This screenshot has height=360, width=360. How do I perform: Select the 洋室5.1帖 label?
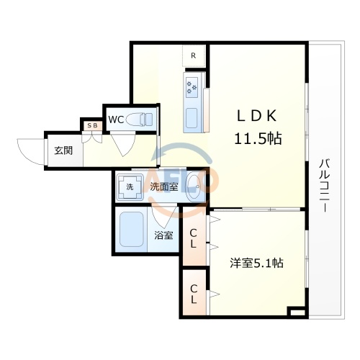[x=255, y=264]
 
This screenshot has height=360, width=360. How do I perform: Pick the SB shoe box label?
[x=93, y=126]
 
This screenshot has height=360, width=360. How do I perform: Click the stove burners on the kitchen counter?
[x=193, y=87]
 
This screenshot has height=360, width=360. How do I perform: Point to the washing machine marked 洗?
[x=130, y=186]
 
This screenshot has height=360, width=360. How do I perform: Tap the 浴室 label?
[x=164, y=235]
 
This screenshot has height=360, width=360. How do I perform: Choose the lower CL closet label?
[x=194, y=293]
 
